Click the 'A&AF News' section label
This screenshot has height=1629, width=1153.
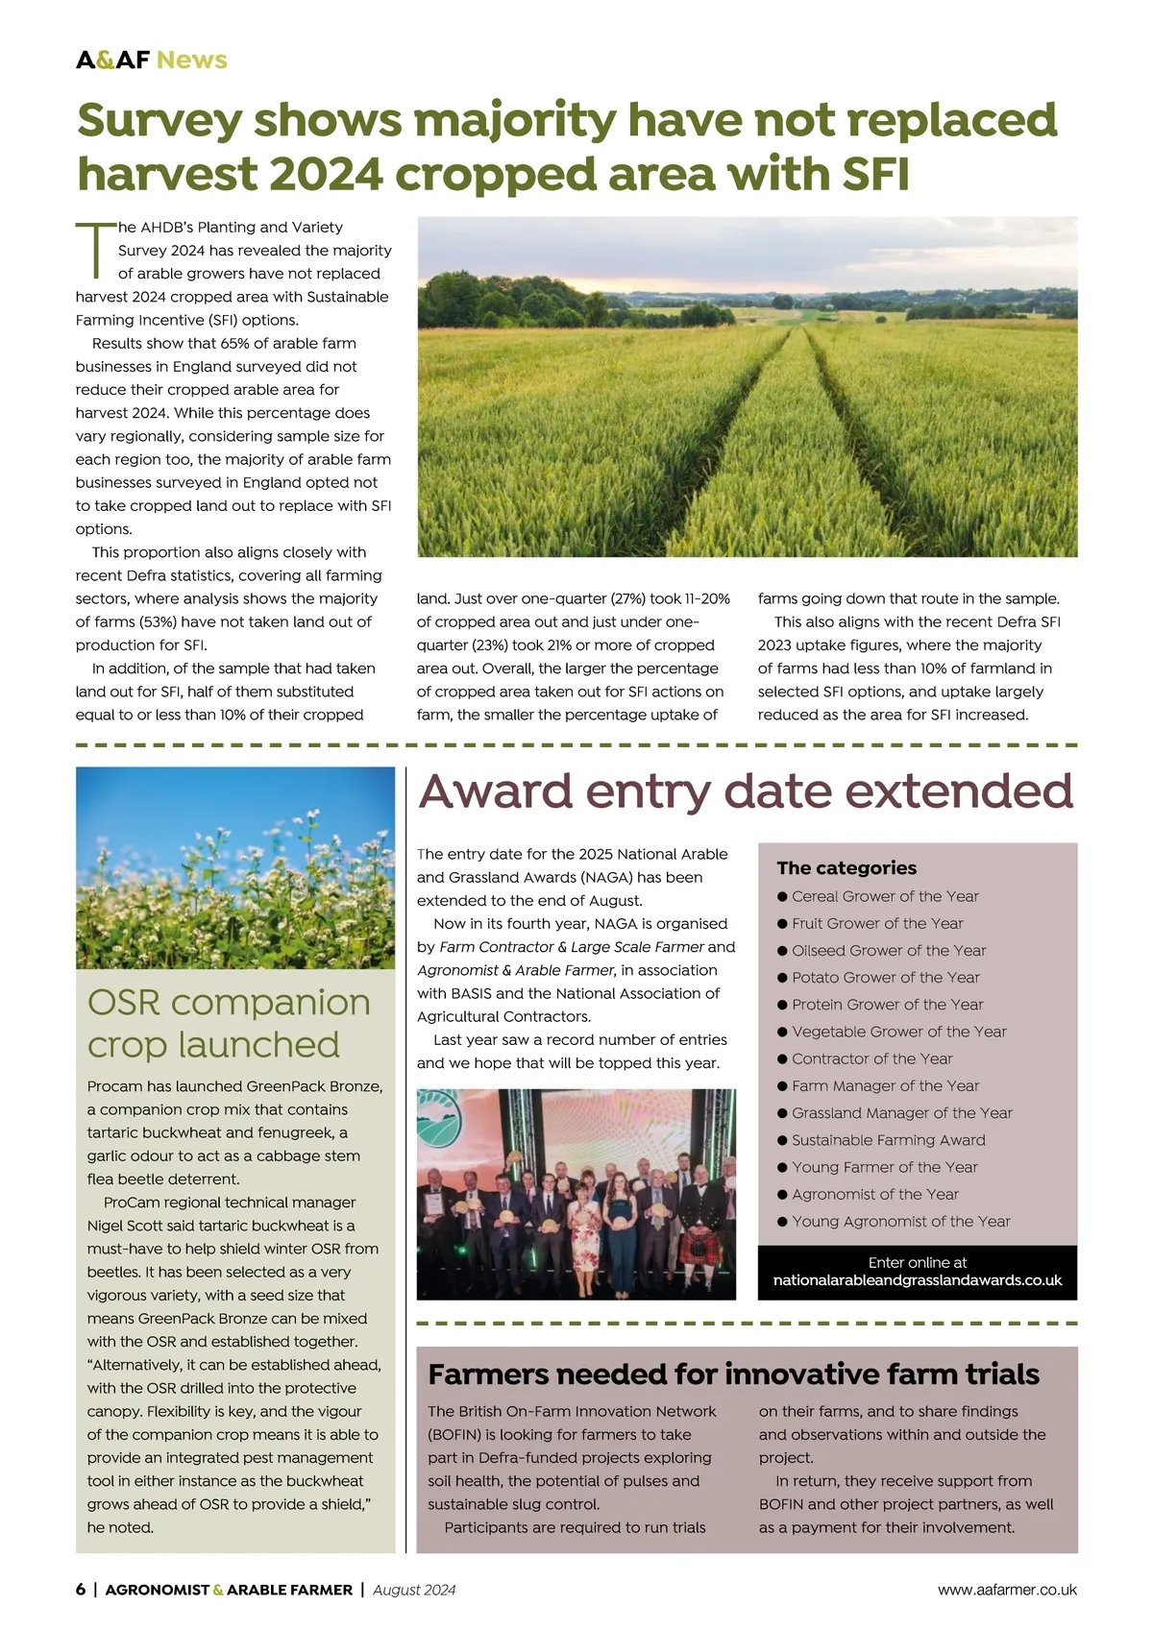pos(152,60)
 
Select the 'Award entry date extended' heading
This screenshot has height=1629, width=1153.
pos(746,791)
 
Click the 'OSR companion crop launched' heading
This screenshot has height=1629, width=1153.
pos(229,1023)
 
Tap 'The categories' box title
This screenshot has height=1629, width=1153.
pos(846,867)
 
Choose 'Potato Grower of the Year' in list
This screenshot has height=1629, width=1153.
pos(885,977)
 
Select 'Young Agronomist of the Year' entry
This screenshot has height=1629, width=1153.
pos(900,1221)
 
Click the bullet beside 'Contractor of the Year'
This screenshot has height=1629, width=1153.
pos(783,1058)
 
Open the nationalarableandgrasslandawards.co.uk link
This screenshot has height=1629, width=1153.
pos(918,1280)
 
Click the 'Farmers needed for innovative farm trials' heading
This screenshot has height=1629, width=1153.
pos(734,1374)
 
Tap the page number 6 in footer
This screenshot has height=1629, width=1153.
pos(81,1590)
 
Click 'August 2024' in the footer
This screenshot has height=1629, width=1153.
pos(414,1590)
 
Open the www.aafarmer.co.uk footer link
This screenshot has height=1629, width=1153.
pos(1007,1590)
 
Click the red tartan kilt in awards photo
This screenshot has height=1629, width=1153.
pos(696,1250)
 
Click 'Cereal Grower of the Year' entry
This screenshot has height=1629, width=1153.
pos(885,896)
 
